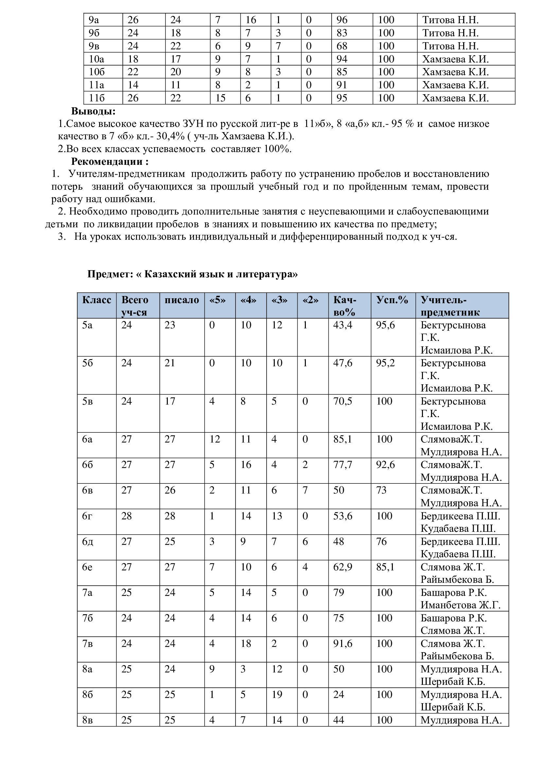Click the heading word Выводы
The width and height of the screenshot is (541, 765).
[x=93, y=111]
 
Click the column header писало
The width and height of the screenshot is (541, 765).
[x=182, y=300]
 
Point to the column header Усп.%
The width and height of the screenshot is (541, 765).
[x=392, y=300]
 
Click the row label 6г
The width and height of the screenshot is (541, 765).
[x=87, y=516]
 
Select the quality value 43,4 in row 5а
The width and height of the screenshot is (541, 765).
[x=342, y=325]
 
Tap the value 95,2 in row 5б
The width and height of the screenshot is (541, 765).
[x=385, y=363]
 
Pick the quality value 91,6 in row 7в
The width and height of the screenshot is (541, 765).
[x=342, y=643]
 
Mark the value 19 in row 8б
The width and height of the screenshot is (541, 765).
[x=277, y=694]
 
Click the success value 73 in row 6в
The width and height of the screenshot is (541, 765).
[x=381, y=490]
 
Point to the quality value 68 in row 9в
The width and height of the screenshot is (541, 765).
[x=342, y=46]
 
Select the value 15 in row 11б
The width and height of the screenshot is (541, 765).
[x=220, y=98]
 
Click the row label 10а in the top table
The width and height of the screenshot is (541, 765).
[x=96, y=59]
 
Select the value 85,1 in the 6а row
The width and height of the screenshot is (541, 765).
[x=342, y=439]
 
